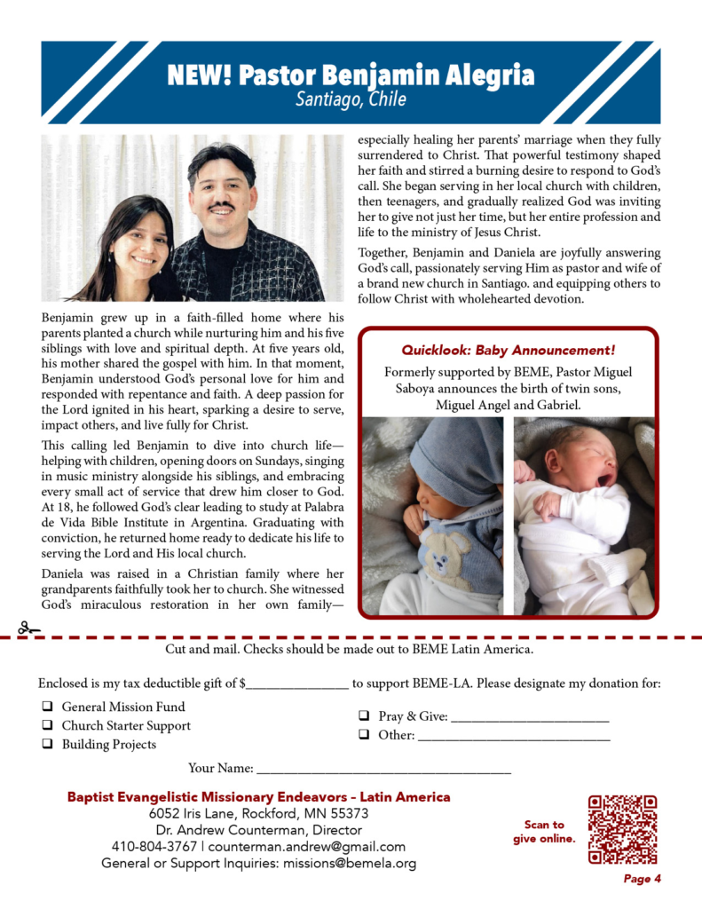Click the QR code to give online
(622, 829)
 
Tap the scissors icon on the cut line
(29, 628)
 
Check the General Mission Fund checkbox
(45, 707)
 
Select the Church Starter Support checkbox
(45, 726)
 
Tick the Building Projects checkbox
(45, 745)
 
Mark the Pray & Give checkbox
(364, 715)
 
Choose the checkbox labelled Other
(364, 735)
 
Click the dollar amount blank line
(296, 686)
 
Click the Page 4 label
(642, 880)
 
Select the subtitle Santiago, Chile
(351, 99)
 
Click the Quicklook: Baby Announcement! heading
(509, 350)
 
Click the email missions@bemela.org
(350, 863)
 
